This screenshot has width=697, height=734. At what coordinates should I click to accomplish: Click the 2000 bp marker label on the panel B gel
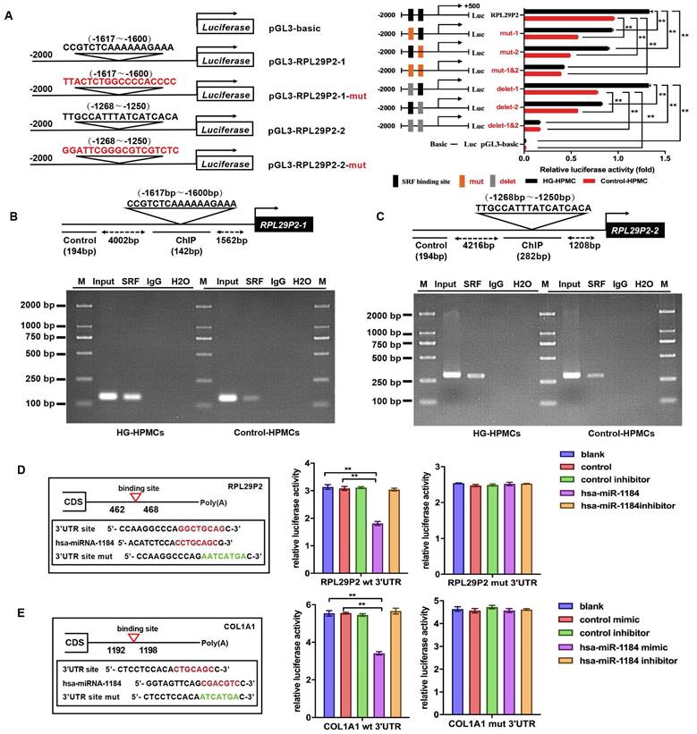point(41,304)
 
